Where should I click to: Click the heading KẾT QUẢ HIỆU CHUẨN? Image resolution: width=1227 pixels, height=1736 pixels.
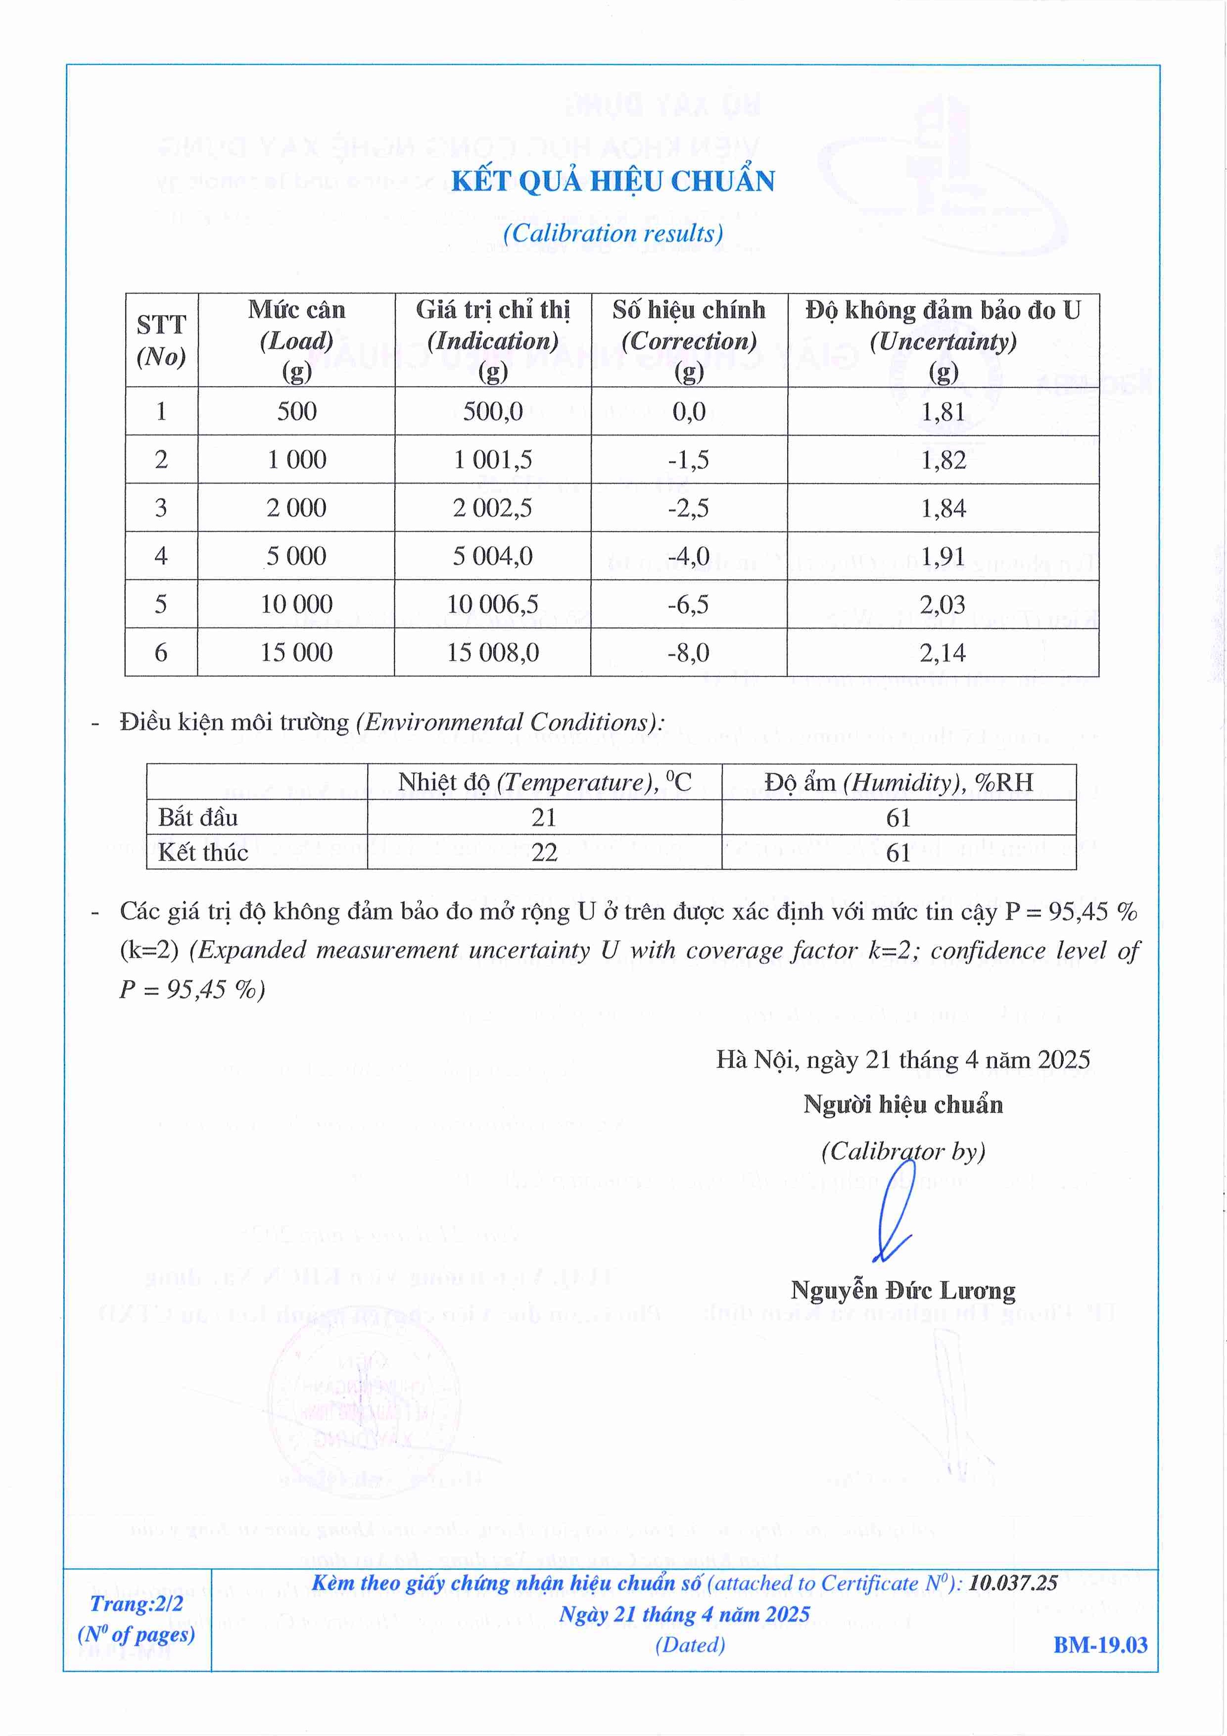pos(613,182)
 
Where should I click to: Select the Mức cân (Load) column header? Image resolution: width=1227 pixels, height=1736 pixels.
pos(296,340)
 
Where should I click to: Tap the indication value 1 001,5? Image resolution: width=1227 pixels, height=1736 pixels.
pos(492,460)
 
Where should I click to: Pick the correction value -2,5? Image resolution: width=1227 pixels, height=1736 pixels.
pos(688,508)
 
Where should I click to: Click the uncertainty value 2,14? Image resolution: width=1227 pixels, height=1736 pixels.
pos(942,653)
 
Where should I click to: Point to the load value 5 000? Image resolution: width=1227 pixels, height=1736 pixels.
pos(296,557)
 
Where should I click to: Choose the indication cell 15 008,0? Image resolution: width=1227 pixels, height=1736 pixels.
pos(492,653)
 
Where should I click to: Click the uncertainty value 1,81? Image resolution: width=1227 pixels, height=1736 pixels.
pos(943,412)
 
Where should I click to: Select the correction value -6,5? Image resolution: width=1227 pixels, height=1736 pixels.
pos(688,605)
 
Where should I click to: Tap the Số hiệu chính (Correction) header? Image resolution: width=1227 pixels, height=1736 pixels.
pos(689,340)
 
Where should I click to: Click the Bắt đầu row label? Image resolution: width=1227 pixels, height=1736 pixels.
pos(198,818)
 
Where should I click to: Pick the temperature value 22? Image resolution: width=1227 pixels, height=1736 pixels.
pos(544,853)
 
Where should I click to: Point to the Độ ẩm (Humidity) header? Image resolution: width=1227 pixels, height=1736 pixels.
pos(898,782)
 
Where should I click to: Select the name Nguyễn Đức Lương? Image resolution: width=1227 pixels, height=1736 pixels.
pos(902,1291)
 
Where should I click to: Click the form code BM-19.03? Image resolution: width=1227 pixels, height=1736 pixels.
pos(1100,1645)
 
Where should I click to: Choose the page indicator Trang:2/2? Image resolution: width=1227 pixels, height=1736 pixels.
pos(136,1604)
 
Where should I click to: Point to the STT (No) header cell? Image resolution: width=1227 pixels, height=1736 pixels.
pos(161,340)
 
